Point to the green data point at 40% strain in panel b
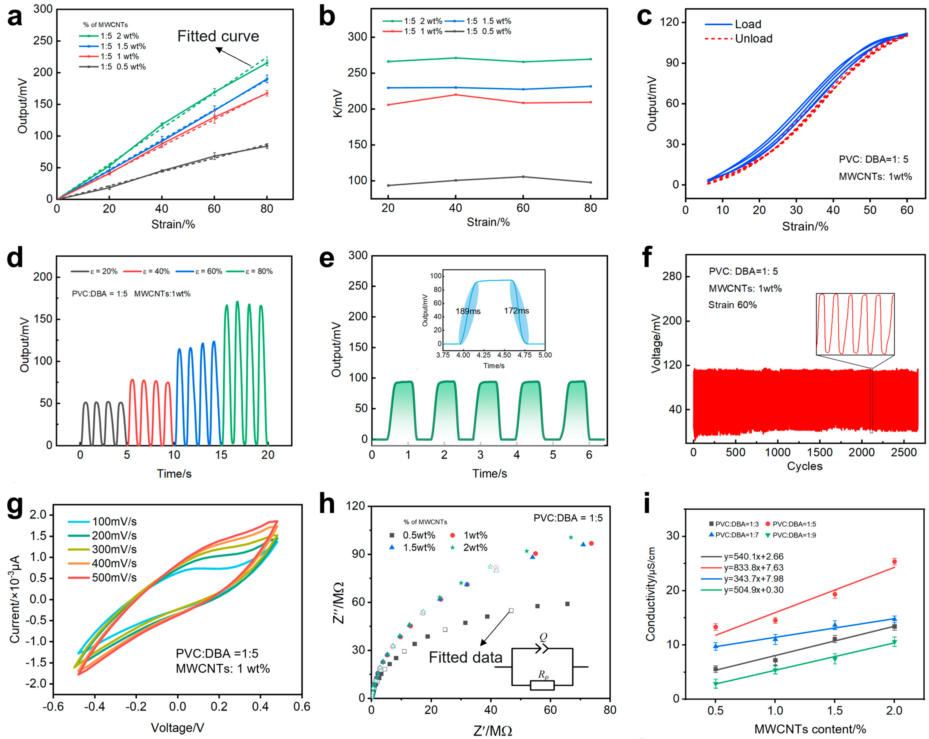tap(455, 58)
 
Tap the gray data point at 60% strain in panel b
tap(523, 177)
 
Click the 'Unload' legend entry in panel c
tap(753, 39)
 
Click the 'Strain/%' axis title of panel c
tap(805, 226)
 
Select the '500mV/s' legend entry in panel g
tap(114, 577)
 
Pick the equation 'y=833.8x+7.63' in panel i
tap(753, 567)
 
